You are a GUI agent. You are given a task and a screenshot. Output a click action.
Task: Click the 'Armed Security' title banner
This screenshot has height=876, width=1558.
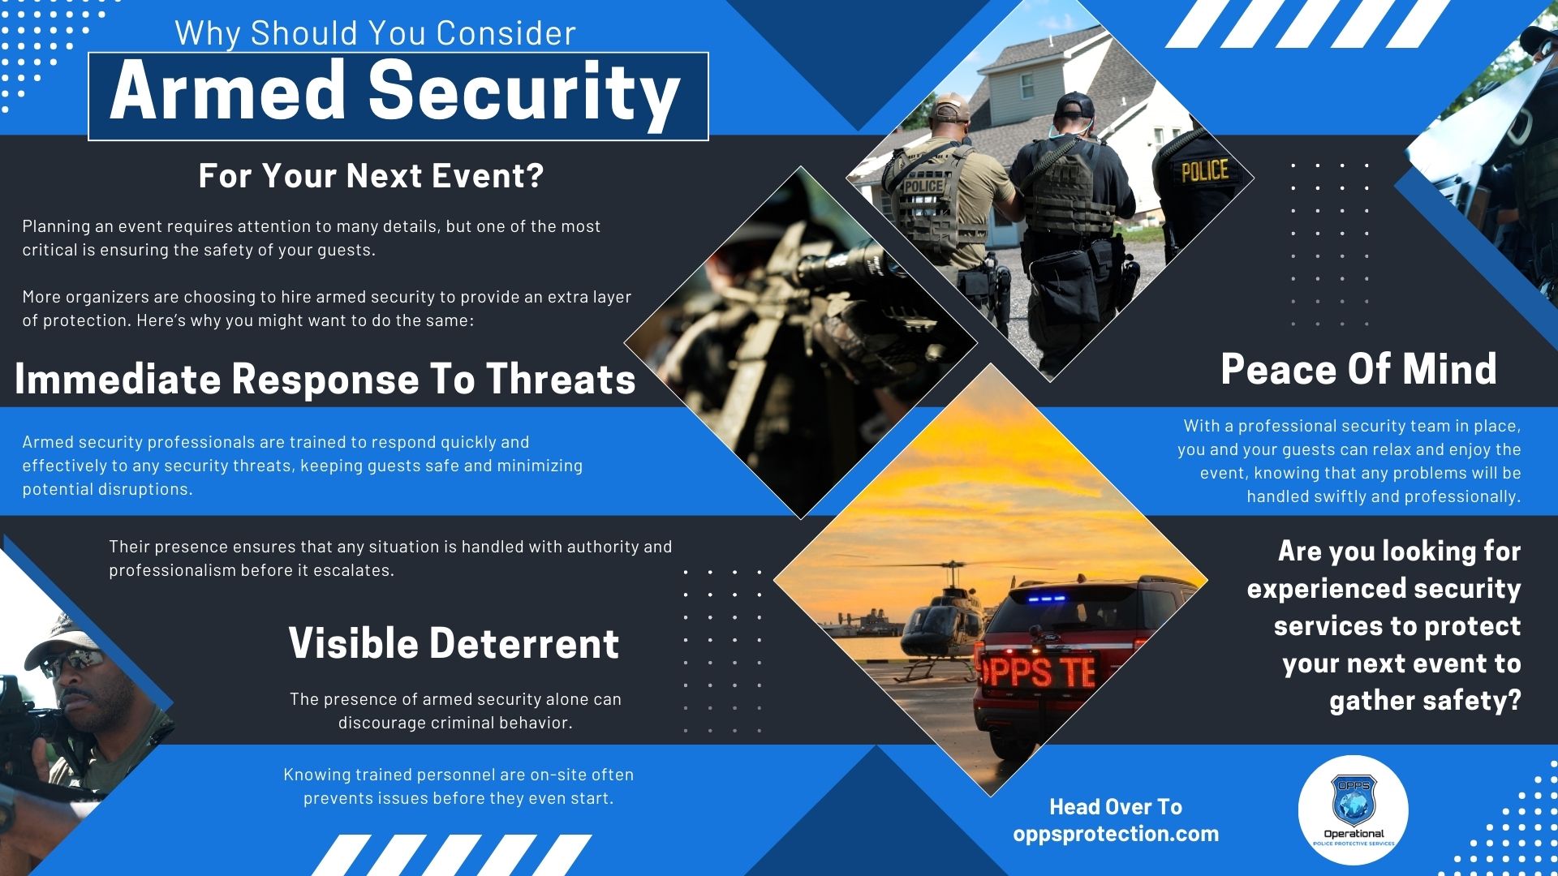398,96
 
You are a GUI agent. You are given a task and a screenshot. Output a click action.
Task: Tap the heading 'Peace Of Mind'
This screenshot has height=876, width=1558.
1358,369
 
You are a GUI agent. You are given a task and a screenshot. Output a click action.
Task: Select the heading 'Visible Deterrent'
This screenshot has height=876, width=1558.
454,643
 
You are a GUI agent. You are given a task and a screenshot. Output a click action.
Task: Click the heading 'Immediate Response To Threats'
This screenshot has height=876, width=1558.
325,379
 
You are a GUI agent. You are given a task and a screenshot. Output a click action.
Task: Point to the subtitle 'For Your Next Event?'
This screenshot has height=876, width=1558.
371,176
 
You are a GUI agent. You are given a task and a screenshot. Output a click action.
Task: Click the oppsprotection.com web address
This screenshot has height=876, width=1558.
1116,834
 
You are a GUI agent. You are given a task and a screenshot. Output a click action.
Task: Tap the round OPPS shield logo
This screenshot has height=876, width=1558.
1354,811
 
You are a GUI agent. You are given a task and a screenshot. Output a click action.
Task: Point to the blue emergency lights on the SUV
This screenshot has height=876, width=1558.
1044,599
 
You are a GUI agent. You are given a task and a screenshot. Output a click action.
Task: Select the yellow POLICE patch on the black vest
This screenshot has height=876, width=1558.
1205,170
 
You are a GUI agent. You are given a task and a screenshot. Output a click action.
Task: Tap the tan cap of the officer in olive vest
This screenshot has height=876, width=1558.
951,108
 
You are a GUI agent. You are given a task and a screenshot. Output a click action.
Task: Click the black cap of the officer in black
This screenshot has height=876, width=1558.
1075,104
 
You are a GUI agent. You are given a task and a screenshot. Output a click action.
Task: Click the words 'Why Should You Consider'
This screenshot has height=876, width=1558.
375,33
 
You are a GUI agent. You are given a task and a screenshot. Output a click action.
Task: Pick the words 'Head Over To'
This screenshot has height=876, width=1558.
1116,807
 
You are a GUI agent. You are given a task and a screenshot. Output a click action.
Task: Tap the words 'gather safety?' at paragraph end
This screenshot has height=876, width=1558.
1425,700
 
